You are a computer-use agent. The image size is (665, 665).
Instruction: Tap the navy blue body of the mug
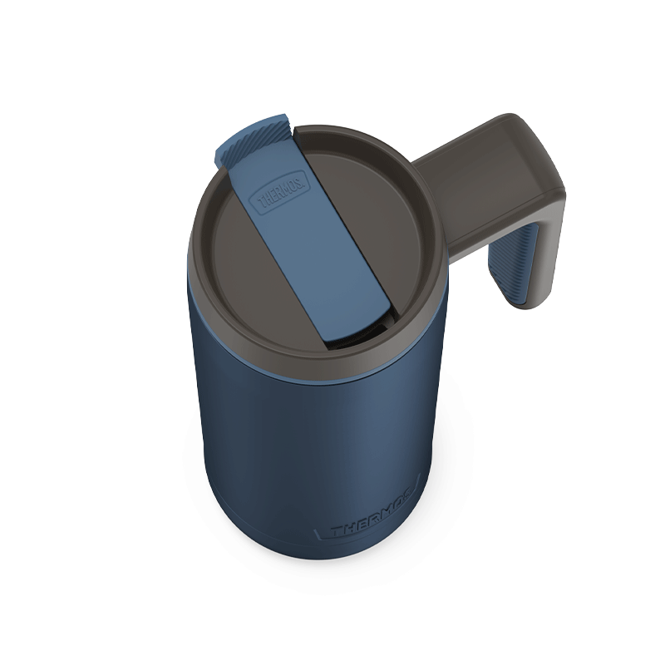(x=309, y=446)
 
